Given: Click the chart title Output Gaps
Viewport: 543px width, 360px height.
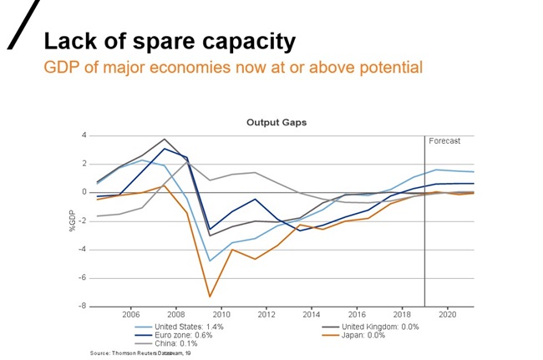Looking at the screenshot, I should coord(276,122).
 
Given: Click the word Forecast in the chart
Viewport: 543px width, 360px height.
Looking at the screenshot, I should coord(444,141).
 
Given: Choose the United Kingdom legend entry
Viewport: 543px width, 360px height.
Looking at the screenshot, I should coord(380,327).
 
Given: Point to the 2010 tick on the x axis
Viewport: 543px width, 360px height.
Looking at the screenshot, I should coord(221,315).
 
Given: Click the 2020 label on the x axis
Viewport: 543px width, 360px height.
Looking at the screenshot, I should coord(447,315).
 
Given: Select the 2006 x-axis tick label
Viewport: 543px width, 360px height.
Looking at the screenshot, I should coord(130,315).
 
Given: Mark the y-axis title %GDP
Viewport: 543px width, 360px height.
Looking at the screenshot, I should coord(72,221).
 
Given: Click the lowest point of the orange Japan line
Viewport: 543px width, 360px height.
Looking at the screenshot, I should coord(210,297).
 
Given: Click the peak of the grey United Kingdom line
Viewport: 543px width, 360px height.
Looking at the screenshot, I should coord(165,139).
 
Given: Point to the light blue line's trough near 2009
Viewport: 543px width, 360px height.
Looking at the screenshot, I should coord(210,261).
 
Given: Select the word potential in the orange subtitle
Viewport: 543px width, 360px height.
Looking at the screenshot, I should coord(390,67).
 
